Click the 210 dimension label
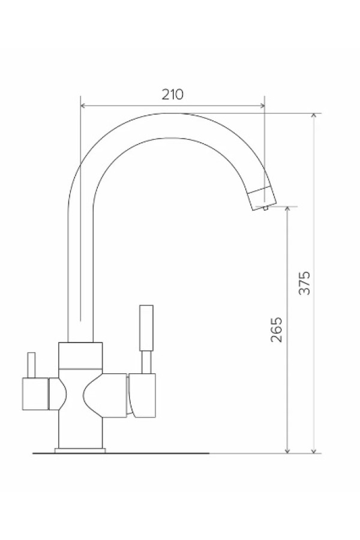pyautogui.click(x=173, y=94)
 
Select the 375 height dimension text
pyautogui.click(x=305, y=283)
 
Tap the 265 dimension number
pyautogui.click(x=276, y=329)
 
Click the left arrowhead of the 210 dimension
pyautogui.click(x=83, y=106)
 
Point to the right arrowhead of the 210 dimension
pyautogui.click(x=263, y=106)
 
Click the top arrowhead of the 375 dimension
pyautogui.click(x=313, y=116)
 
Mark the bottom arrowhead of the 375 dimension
pyautogui.click(x=313, y=451)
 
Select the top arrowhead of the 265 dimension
pyautogui.click(x=288, y=209)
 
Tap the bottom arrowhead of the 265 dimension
pyautogui.click(x=288, y=451)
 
